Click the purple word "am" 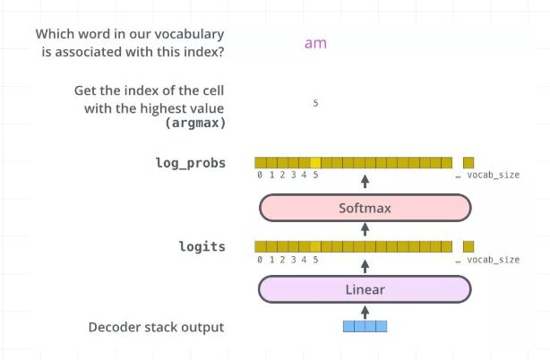[x=314, y=43]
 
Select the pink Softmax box [x=365, y=208]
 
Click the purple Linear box [x=365, y=289]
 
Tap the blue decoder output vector [x=365, y=327]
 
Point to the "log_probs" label [x=190, y=163]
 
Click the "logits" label [x=202, y=246]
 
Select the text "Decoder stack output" [x=156, y=328]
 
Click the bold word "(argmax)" [x=194, y=122]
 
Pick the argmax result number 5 [x=315, y=104]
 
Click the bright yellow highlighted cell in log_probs [x=314, y=163]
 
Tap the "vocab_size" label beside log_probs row [x=493, y=176]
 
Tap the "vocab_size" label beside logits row [x=493, y=260]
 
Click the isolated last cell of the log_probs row [x=468, y=163]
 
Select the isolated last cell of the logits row [x=468, y=246]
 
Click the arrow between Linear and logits [x=365, y=267]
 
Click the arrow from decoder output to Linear [x=365, y=311]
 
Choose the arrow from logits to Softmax [x=365, y=228]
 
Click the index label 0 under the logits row [x=260, y=260]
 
